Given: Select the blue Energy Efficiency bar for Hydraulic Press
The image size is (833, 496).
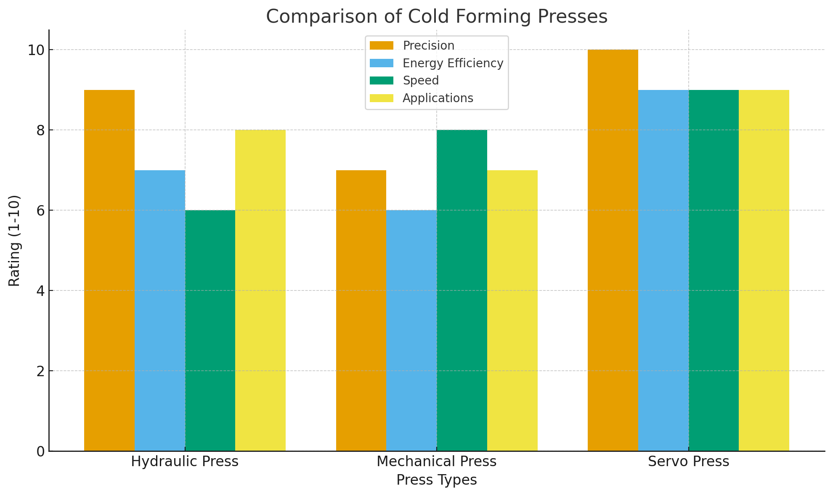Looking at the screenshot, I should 160,311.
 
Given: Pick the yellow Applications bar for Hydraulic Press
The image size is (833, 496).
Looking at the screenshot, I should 260,290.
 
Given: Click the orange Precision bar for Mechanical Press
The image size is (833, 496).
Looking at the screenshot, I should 361,311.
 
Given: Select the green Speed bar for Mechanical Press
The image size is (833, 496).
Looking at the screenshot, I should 462,290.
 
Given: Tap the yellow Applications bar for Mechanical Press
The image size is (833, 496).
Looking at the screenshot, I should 512,311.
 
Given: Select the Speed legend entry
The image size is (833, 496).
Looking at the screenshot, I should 420,80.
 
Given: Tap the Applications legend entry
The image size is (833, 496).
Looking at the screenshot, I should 438,98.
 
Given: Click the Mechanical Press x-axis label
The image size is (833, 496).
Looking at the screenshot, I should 437,462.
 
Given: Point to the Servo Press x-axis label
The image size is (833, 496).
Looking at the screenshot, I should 688,462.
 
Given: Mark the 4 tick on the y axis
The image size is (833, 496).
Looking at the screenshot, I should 41,290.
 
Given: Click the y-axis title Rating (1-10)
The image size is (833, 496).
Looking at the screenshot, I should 15,240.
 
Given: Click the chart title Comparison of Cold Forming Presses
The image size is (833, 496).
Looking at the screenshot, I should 437,17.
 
